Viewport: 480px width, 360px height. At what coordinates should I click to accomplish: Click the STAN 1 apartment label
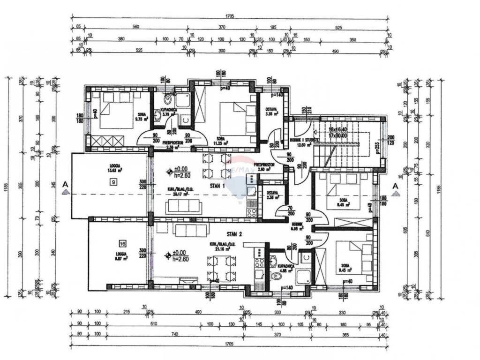[x=217, y=186]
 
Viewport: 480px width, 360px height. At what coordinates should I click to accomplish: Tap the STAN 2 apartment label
[x=234, y=233]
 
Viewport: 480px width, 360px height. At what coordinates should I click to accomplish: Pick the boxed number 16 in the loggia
[x=122, y=244]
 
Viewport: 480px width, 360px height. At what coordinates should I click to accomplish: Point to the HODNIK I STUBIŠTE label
[x=300, y=140]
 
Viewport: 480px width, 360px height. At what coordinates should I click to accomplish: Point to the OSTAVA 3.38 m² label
[x=272, y=111]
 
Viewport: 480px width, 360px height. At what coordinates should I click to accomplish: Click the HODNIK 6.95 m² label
[x=298, y=227]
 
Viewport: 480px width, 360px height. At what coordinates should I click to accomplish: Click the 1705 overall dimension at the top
[x=229, y=16]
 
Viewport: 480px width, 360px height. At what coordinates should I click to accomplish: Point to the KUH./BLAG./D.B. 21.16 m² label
[x=223, y=247]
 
